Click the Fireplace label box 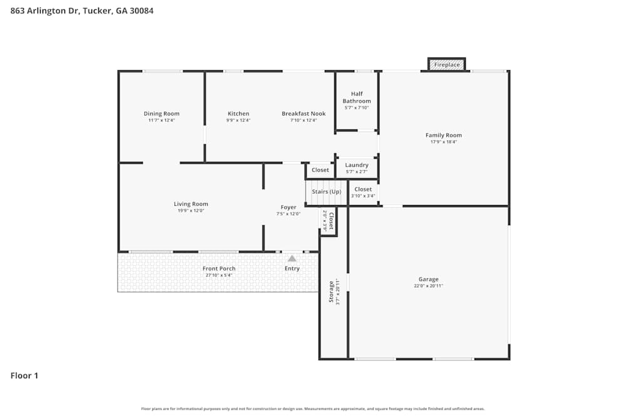pyautogui.click(x=447, y=64)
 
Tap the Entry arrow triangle pyautogui.click(x=292, y=258)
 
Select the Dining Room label pyautogui.click(x=162, y=114)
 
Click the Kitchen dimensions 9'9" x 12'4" pyautogui.click(x=238, y=121)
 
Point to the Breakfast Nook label pyautogui.click(x=304, y=114)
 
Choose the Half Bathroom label pyautogui.click(x=357, y=98)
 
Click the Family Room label pyautogui.click(x=443, y=135)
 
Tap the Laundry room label pyautogui.click(x=357, y=165)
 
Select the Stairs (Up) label pyautogui.click(x=326, y=191)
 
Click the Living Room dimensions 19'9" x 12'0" pyautogui.click(x=191, y=211)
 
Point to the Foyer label pyautogui.click(x=288, y=207)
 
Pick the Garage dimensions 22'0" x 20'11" pyautogui.click(x=429, y=286)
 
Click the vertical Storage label pyautogui.click(x=331, y=291)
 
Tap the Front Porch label pyautogui.click(x=218, y=268)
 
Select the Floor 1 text pyautogui.click(x=24, y=376)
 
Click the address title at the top pyautogui.click(x=82, y=11)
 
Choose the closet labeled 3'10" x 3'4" pyautogui.click(x=363, y=196)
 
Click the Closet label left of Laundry pyautogui.click(x=320, y=170)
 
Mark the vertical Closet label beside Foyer pyautogui.click(x=331, y=221)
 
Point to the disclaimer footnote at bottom pyautogui.click(x=313, y=409)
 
